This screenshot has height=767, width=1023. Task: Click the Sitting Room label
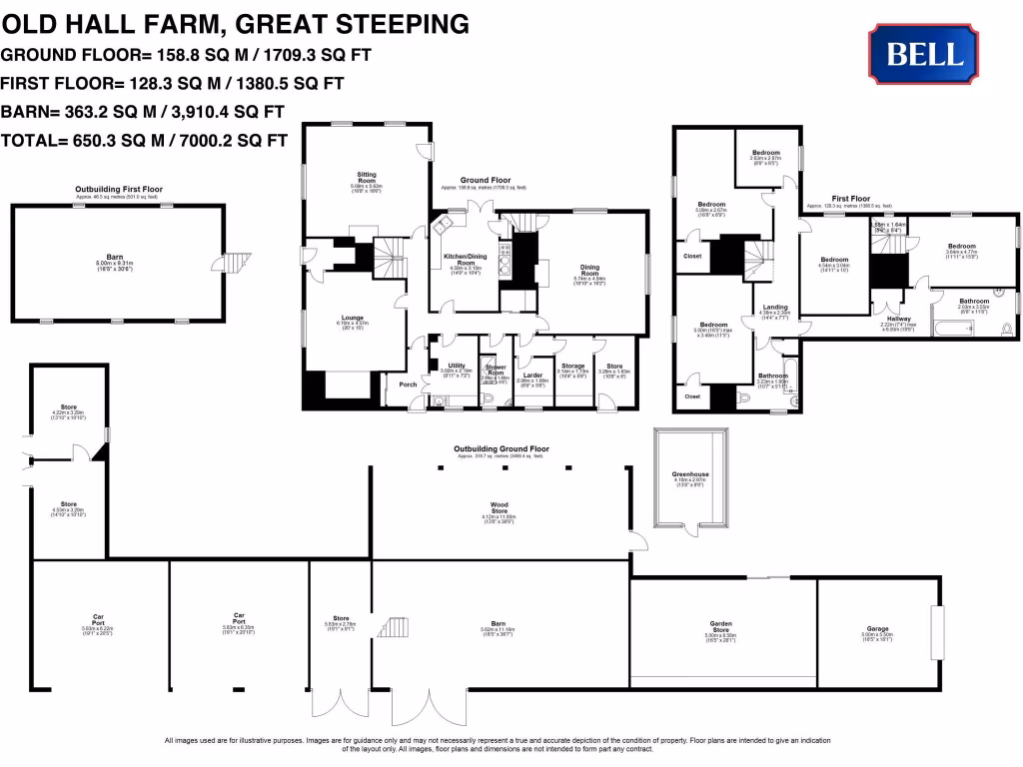click(x=367, y=182)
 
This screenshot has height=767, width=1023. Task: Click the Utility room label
click(x=458, y=366)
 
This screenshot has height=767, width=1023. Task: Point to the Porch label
click(x=408, y=384)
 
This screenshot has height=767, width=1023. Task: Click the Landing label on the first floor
click(x=775, y=308)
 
